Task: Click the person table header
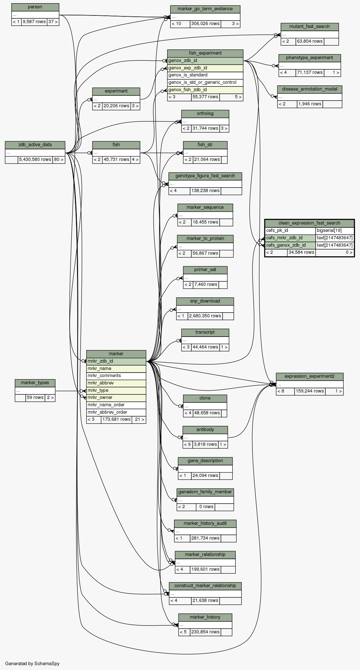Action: (x=35, y=7)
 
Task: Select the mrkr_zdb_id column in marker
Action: (x=116, y=361)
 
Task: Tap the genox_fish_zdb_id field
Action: (x=205, y=90)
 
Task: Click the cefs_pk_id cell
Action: (x=290, y=231)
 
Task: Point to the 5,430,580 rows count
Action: (x=35, y=160)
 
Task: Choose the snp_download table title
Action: (x=205, y=301)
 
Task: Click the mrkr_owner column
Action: (x=116, y=398)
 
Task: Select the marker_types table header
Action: (x=35, y=383)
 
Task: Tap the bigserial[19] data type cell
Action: (x=335, y=231)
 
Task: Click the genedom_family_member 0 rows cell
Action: (x=206, y=507)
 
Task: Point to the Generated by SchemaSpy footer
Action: (x=32, y=664)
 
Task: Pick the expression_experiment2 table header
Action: (x=309, y=376)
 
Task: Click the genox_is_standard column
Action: (x=205, y=75)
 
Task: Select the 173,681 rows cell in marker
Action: (x=116, y=419)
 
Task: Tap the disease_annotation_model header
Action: (x=310, y=89)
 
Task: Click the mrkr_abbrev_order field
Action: (x=116, y=412)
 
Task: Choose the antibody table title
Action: (x=205, y=430)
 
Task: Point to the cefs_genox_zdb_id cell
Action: (x=290, y=245)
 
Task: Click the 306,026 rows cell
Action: (x=205, y=24)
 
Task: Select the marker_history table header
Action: (x=205, y=617)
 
